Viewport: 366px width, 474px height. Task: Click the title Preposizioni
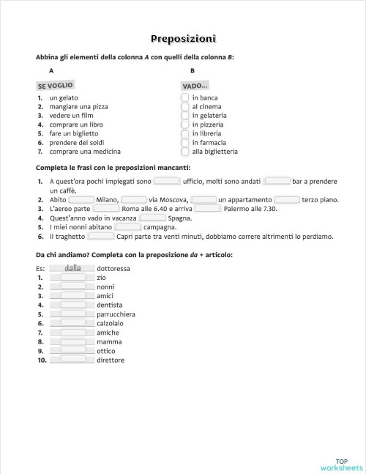coord(183,39)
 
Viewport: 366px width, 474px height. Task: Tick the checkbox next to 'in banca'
coord(185,97)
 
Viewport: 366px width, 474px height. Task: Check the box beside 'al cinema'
coord(185,106)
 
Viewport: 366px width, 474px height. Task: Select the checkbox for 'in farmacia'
coord(185,143)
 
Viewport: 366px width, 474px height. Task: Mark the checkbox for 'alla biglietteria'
coord(185,152)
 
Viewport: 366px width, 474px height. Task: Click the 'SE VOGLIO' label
coord(55,86)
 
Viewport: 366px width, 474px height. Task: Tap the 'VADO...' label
coord(195,86)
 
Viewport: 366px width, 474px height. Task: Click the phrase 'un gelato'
coord(64,97)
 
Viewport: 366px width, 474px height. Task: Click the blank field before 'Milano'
coord(81,199)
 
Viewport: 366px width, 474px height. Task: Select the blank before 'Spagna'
coord(152,218)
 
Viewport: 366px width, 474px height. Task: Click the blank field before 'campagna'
coord(128,227)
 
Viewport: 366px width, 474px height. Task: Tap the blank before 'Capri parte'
coord(100,236)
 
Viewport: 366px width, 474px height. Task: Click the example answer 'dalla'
coord(72,268)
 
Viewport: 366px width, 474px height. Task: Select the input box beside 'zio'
coord(72,278)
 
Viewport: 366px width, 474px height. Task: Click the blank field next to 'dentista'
coord(72,305)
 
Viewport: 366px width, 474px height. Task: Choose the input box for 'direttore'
coord(72,360)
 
